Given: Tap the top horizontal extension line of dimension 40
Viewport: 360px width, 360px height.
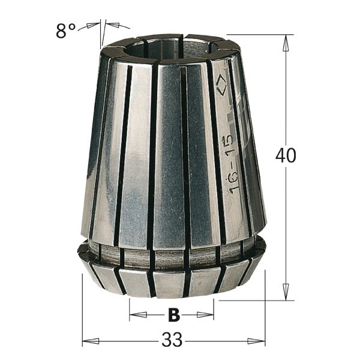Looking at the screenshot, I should point(258,35).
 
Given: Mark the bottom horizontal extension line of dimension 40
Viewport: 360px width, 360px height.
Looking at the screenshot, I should point(252,300).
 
